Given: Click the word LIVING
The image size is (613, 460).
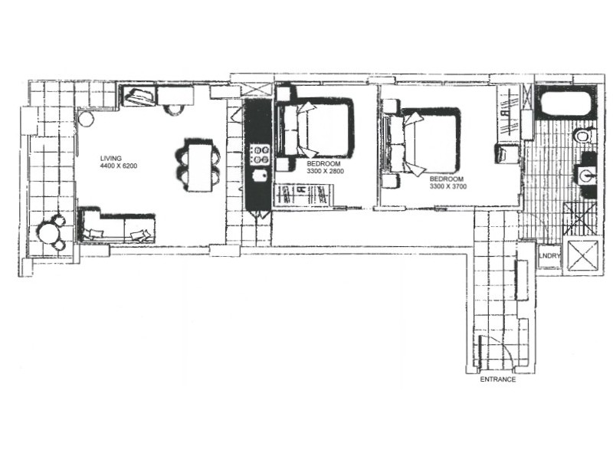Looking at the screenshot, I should coord(111,159).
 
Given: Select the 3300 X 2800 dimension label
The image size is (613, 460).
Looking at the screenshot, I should coord(326,172).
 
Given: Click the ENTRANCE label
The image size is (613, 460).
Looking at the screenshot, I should coord(497,379).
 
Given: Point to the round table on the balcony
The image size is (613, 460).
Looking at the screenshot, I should coord(52,233).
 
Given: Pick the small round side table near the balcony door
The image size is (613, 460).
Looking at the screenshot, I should coord(86,120).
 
